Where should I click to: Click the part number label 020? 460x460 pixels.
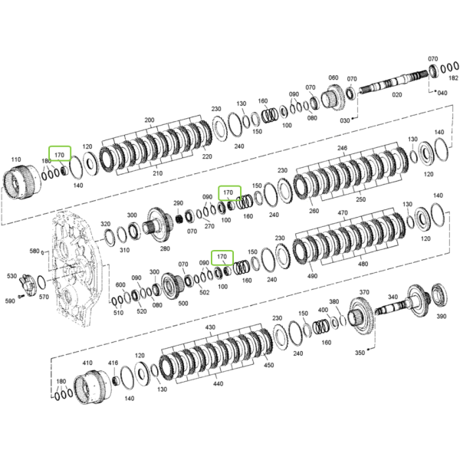(x=396, y=95)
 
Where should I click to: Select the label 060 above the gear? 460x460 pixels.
(x=333, y=77)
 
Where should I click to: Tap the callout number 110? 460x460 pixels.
(x=16, y=159)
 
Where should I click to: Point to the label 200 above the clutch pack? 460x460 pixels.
(x=149, y=120)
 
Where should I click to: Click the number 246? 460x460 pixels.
(x=343, y=148)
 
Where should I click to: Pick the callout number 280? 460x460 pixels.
(x=165, y=248)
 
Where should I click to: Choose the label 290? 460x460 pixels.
(x=178, y=203)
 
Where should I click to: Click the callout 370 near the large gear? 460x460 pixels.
(x=364, y=292)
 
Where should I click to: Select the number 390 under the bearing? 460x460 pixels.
(x=442, y=316)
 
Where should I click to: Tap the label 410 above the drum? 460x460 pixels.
(x=87, y=363)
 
